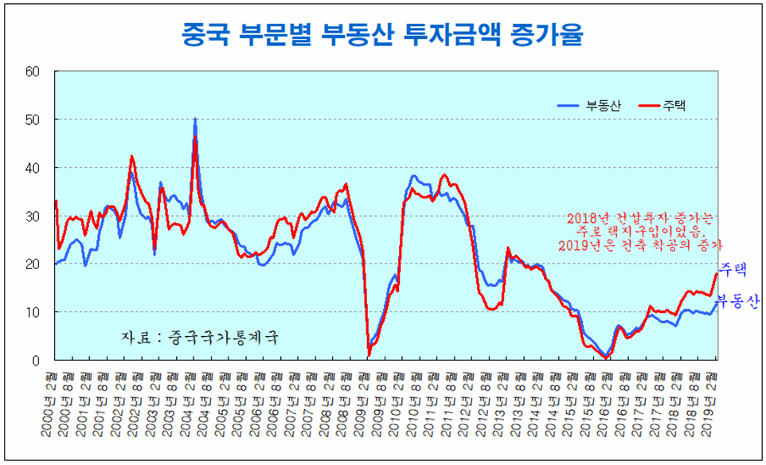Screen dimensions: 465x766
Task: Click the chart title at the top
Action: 382,34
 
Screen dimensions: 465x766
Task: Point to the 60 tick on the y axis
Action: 33,72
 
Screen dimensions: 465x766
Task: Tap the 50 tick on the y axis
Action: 33,119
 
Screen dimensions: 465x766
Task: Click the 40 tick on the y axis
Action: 33,168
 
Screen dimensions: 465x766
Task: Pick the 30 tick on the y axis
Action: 33,216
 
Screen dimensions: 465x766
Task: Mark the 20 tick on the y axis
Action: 33,264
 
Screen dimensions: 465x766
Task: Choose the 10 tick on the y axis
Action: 33,312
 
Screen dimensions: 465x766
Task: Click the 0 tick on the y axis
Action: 36,361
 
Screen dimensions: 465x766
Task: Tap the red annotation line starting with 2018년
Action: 641,217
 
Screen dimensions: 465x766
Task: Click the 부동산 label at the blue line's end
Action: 737,301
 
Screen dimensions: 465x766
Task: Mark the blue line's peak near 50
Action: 195,119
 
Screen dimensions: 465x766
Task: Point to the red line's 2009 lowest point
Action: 369,355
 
